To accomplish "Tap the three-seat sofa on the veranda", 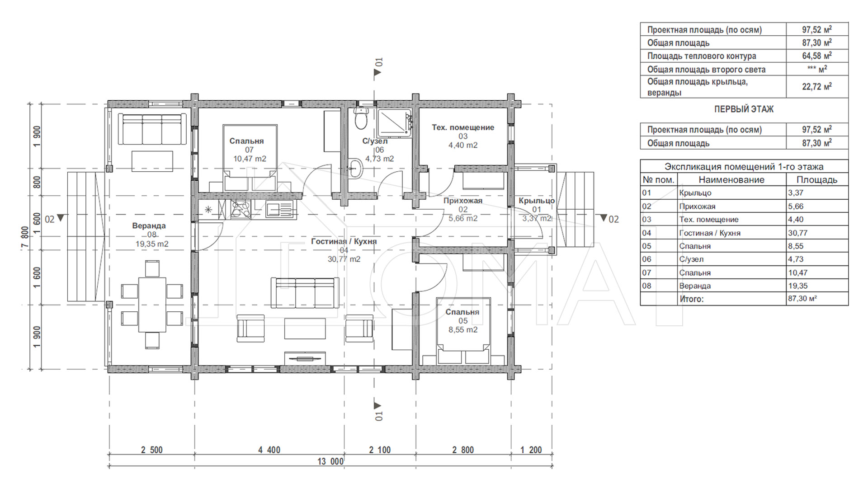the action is (x=152, y=129).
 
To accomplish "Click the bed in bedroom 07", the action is (x=250, y=158).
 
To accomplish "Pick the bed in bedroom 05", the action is (x=463, y=331).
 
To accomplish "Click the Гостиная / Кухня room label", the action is (x=344, y=241).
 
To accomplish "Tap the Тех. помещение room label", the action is (x=463, y=127).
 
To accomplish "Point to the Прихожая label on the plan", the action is (x=463, y=201).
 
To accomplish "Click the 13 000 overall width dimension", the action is (x=330, y=461).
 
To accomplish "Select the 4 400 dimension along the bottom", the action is (x=269, y=450).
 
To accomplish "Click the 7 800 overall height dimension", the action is (x=25, y=237).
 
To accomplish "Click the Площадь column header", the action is (x=817, y=179).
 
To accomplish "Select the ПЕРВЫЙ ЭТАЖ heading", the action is (x=744, y=109).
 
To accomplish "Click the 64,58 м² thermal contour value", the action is (x=817, y=56).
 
